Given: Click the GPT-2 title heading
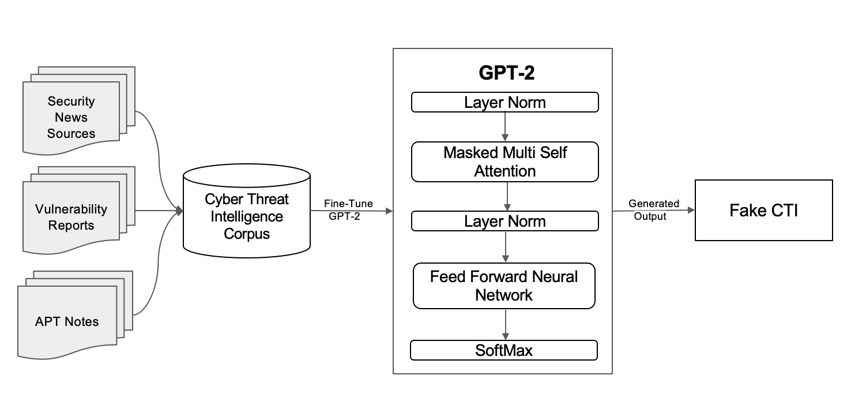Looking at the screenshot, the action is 506,72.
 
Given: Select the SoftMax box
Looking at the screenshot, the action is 504,350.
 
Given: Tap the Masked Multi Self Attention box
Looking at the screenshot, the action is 505,162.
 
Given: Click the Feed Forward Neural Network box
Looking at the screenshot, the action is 504,286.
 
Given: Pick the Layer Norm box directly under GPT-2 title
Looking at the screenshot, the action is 505,102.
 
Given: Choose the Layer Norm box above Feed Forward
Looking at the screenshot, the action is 505,221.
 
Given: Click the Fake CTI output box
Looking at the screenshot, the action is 763,211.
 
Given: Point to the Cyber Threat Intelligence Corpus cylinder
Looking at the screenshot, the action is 247,211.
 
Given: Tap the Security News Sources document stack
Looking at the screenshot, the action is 78,111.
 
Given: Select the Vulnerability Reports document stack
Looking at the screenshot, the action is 78,211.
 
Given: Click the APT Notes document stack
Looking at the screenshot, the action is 75,315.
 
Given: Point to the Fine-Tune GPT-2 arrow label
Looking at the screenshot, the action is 348,209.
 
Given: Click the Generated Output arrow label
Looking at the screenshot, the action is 653,209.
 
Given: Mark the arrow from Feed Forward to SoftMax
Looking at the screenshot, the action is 505,324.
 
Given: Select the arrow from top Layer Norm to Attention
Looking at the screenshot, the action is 505,126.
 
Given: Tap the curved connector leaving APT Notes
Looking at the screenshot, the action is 158,262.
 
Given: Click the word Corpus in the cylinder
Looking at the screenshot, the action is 247,234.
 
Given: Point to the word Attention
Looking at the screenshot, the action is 505,171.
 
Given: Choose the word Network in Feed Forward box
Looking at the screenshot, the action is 504,295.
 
